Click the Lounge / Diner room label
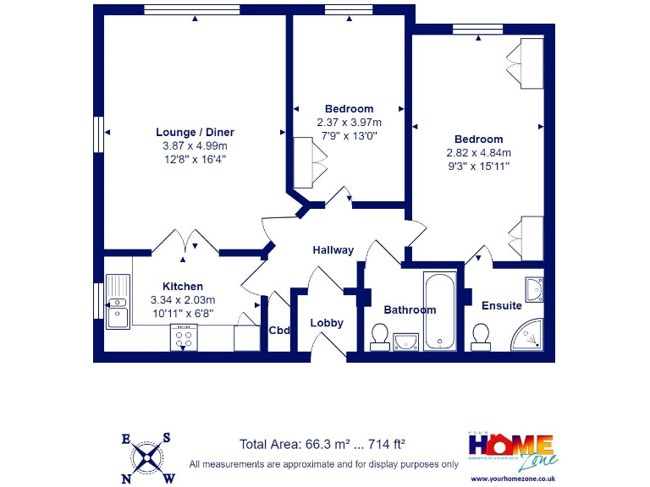pyautogui.click(x=195, y=132)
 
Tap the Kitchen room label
pyautogui.click(x=182, y=287)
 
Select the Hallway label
pyautogui.click(x=333, y=250)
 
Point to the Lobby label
pyautogui.click(x=327, y=323)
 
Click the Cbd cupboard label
pyautogui.click(x=279, y=330)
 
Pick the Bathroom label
pyautogui.click(x=410, y=309)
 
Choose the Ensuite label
pyautogui.click(x=501, y=305)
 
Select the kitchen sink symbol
pyautogui.click(x=116, y=303)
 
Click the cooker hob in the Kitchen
pyautogui.click(x=184, y=337)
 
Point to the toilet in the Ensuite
pyautogui.click(x=482, y=337)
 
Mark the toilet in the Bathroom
pyautogui.click(x=378, y=337)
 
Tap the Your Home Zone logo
pyautogui.click(x=512, y=451)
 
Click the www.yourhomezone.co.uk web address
pyautogui.click(x=512, y=479)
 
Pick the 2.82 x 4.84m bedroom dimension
pyautogui.click(x=478, y=153)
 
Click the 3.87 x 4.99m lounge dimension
pyautogui.click(x=195, y=145)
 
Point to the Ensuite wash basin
pyautogui.click(x=534, y=290)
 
